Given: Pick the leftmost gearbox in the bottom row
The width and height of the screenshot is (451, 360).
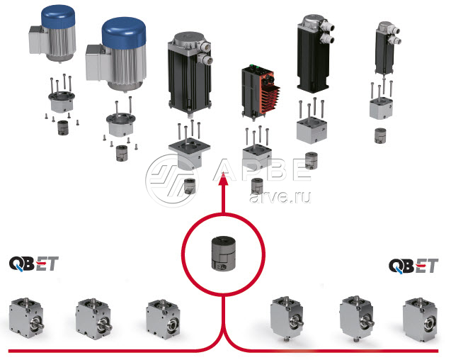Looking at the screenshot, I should coord(26,316).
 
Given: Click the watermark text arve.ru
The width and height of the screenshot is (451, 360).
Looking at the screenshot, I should coord(280,191).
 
